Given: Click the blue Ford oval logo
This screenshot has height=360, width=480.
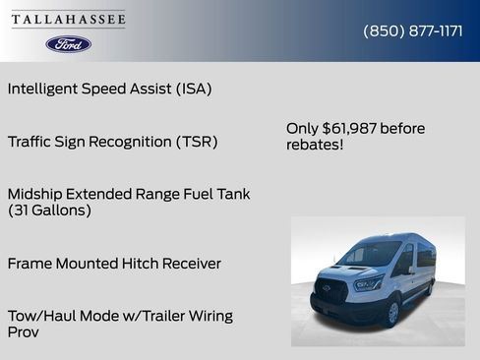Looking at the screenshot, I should pyautogui.click(x=68, y=44).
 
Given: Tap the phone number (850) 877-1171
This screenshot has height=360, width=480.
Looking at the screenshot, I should pyautogui.click(x=413, y=30).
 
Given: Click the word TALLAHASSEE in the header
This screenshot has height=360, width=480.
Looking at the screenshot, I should pyautogui.click(x=69, y=20).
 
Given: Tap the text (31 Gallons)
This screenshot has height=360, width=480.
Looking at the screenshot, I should pyautogui.click(x=49, y=210).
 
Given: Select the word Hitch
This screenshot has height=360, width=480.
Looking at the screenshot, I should pyautogui.click(x=134, y=264).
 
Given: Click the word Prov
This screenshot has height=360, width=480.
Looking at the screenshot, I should pyautogui.click(x=25, y=332).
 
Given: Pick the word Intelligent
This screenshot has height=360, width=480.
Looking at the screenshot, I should pyautogui.click(x=45, y=89).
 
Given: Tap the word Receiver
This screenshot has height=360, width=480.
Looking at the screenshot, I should pyautogui.click(x=190, y=264).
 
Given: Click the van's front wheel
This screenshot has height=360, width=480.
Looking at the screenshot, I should pyautogui.click(x=391, y=313).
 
